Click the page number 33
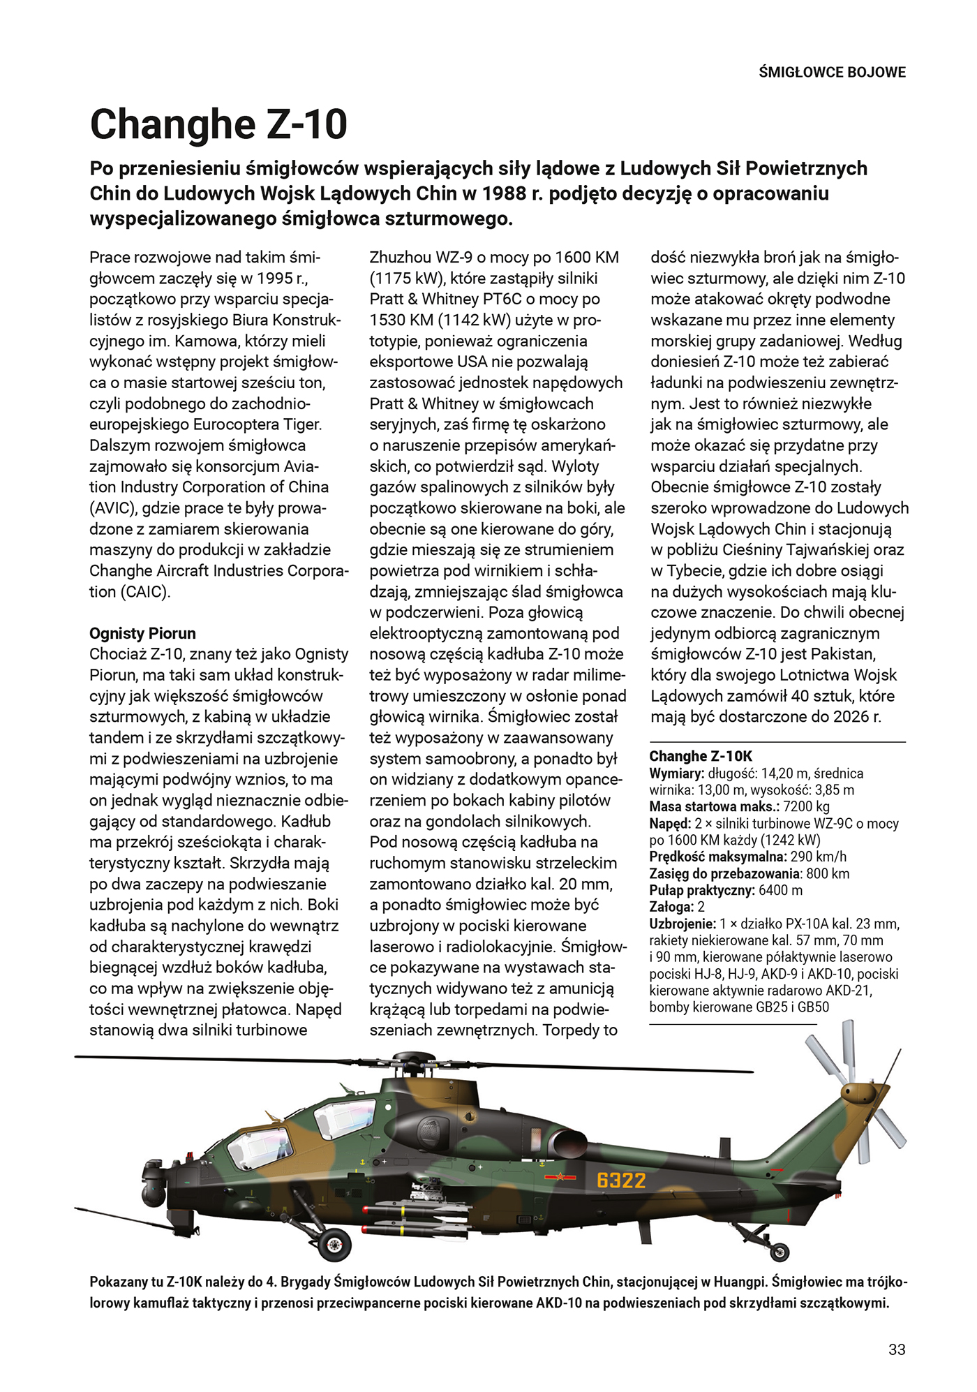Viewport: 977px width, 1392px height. coord(897,1349)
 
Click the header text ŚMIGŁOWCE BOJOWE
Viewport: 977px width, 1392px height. coord(832,72)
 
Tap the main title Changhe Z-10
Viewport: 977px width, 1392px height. coord(218,125)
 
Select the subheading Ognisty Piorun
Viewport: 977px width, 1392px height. coord(142,633)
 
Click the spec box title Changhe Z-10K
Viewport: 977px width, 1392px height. coord(701,756)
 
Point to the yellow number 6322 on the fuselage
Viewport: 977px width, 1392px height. coord(621,1180)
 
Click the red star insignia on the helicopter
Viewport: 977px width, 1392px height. coord(558,1178)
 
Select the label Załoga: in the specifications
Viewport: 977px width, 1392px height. coord(671,907)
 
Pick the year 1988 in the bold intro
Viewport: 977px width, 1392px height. coord(505,193)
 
